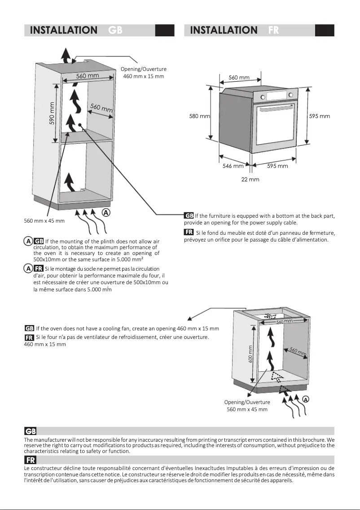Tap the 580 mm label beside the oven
click(x=199, y=116)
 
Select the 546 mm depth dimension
click(x=233, y=166)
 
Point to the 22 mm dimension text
click(x=250, y=180)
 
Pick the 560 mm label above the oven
click(x=239, y=78)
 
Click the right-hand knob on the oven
click(x=290, y=95)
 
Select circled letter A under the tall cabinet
click(x=105, y=212)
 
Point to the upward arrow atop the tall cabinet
click(x=66, y=57)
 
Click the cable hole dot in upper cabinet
click(x=79, y=125)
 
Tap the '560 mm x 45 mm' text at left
click(x=44, y=221)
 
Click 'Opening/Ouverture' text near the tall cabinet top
click(x=144, y=69)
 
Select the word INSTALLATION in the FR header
click(x=224, y=30)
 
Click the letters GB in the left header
click(x=115, y=30)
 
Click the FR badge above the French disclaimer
click(x=30, y=460)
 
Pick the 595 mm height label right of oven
click(x=320, y=116)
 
